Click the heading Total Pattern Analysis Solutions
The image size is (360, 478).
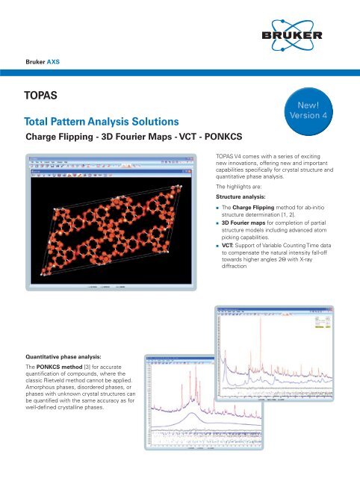point(101,121)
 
